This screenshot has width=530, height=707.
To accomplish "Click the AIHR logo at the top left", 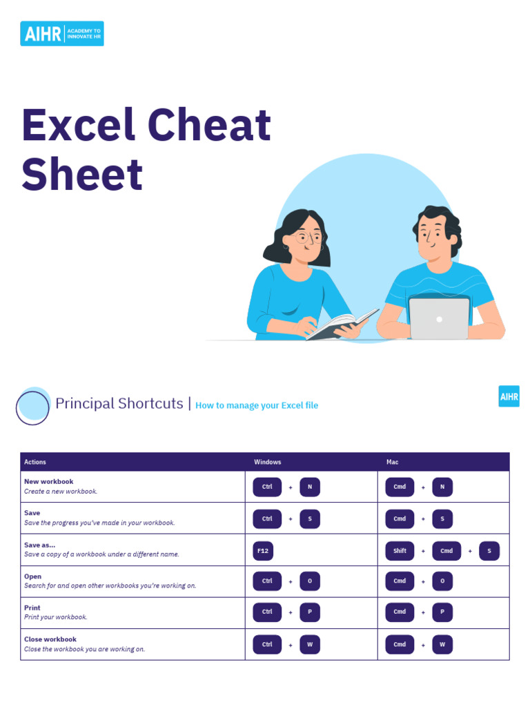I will [62, 33].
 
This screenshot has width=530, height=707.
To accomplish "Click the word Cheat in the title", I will [209, 125].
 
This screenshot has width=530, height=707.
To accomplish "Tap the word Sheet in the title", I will [82, 175].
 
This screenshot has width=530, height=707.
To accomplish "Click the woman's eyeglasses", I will [306, 238].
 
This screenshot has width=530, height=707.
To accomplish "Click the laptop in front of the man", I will [439, 318].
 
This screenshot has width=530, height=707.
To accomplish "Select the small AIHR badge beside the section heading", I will [509, 396].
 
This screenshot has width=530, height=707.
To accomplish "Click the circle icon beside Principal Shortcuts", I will [32, 407].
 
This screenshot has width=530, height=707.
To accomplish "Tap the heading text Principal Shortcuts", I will [119, 404].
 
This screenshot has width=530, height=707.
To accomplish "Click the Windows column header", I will [268, 462].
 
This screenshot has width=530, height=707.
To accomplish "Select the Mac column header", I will [392, 462].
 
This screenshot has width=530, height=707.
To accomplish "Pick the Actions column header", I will [35, 462].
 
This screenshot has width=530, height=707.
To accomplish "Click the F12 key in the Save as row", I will [263, 551].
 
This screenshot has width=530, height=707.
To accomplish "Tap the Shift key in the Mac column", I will [400, 551].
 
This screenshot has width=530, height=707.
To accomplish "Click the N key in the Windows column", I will [310, 487].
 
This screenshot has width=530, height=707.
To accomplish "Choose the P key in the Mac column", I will [442, 612].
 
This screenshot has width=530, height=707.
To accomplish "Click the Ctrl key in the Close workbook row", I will [267, 644].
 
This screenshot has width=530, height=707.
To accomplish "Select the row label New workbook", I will [48, 481].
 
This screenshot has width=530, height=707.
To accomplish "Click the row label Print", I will [32, 608].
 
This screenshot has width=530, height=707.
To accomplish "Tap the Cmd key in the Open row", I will [400, 581].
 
